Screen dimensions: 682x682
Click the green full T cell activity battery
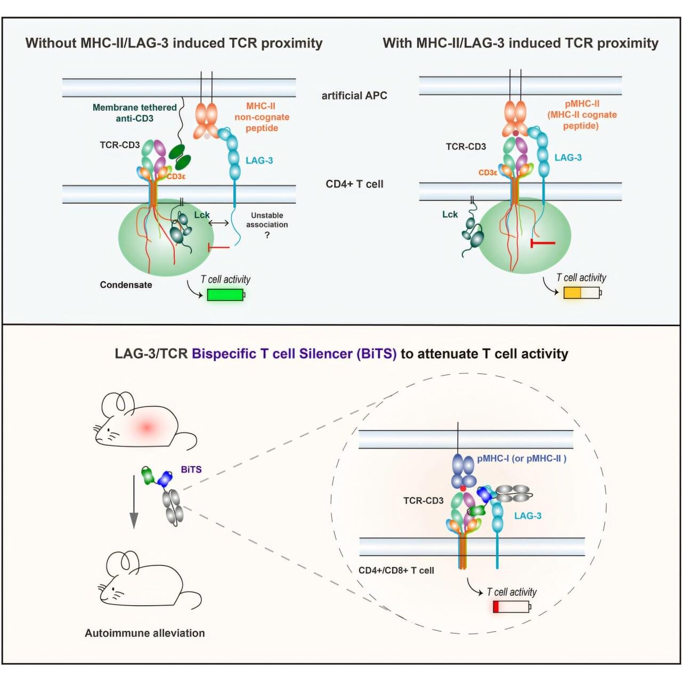pyautogui.click(x=225, y=294)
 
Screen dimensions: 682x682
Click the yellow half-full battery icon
pyautogui.click(x=581, y=293)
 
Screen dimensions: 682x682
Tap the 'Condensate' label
pyautogui.click(x=126, y=285)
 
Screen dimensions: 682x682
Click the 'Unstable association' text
pyautogui.click(x=267, y=220)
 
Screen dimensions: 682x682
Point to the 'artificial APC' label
pyautogui.click(x=354, y=95)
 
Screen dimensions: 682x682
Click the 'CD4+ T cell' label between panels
pyautogui.click(x=354, y=184)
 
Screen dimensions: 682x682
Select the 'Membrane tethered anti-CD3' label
pyautogui.click(x=134, y=112)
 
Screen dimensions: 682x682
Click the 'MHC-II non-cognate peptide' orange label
pyautogui.click(x=262, y=117)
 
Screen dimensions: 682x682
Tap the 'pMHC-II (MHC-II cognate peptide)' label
pyautogui.click(x=582, y=115)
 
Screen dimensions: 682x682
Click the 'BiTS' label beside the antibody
pyautogui.click(x=191, y=469)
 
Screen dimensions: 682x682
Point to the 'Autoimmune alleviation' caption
pyautogui.click(x=144, y=633)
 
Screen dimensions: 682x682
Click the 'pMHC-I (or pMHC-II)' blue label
pyautogui.click(x=521, y=458)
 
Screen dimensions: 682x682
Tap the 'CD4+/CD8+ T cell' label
pyautogui.click(x=396, y=570)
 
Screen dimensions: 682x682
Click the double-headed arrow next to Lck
pyautogui.click(x=218, y=223)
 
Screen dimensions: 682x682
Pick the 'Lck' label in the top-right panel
pyautogui.click(x=450, y=214)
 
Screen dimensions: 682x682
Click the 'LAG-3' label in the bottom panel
pyautogui.click(x=527, y=516)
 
